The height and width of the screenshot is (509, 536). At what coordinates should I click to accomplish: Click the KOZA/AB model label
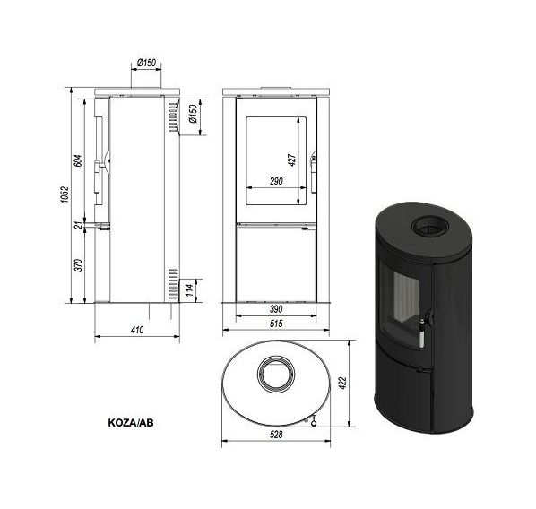click(x=131, y=423)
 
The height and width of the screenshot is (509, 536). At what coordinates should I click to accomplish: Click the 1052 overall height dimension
click(x=65, y=194)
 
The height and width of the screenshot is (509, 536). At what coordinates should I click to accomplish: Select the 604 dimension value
click(x=78, y=160)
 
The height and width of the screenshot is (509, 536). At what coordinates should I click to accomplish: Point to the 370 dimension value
click(x=79, y=265)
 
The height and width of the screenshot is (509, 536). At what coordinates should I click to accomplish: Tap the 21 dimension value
click(x=79, y=225)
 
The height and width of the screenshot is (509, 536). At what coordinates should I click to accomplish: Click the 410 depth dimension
click(x=137, y=330)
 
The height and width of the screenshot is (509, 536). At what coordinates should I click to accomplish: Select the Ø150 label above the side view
click(x=146, y=63)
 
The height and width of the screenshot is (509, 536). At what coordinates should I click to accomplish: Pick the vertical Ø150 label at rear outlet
click(x=193, y=114)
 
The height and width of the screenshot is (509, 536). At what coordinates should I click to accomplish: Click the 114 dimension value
click(x=190, y=289)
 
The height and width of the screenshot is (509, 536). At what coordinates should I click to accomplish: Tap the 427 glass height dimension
click(x=292, y=160)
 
